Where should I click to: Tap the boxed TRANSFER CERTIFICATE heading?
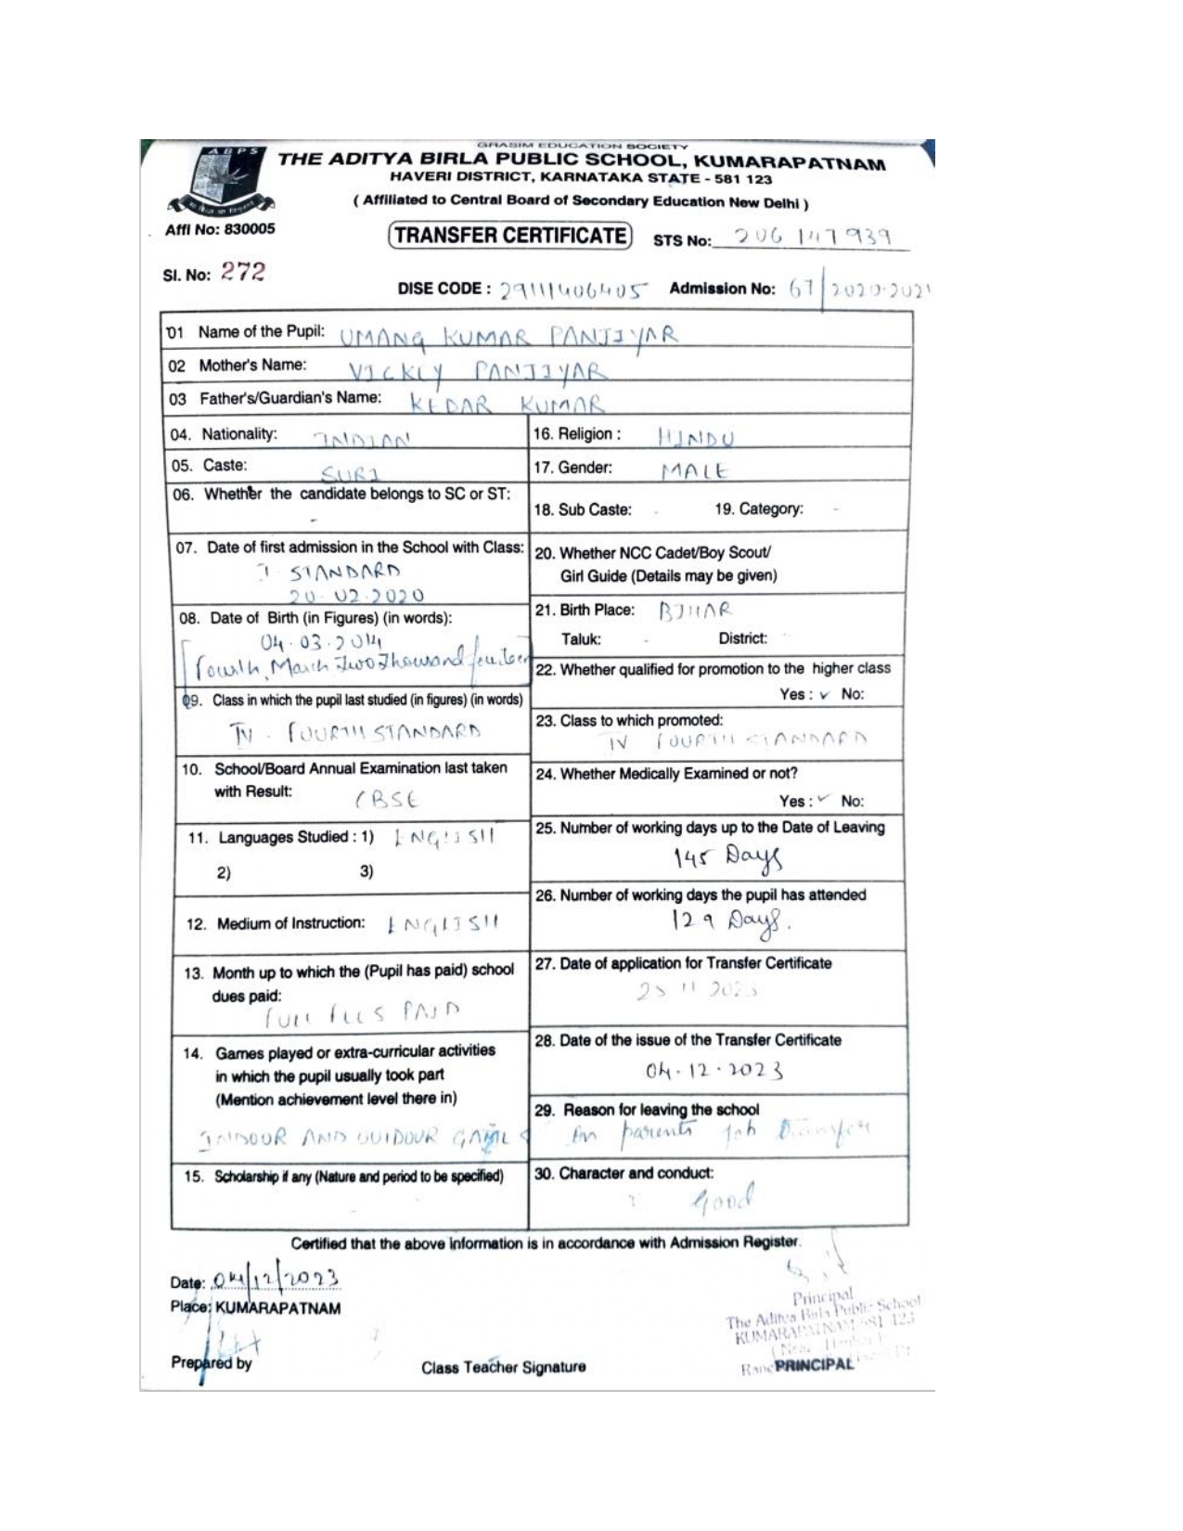coord(509,236)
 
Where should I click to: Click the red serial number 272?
coord(242,273)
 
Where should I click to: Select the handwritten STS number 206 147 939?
coord(812,238)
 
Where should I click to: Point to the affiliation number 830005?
coord(246,228)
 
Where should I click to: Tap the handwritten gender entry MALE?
coord(695,471)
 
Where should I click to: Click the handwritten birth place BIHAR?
coord(695,611)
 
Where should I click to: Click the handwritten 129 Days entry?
coord(729,920)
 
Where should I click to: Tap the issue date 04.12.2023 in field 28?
coord(714,1071)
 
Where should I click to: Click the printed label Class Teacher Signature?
coord(503,1367)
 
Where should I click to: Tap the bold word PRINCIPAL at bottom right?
coord(814,1367)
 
